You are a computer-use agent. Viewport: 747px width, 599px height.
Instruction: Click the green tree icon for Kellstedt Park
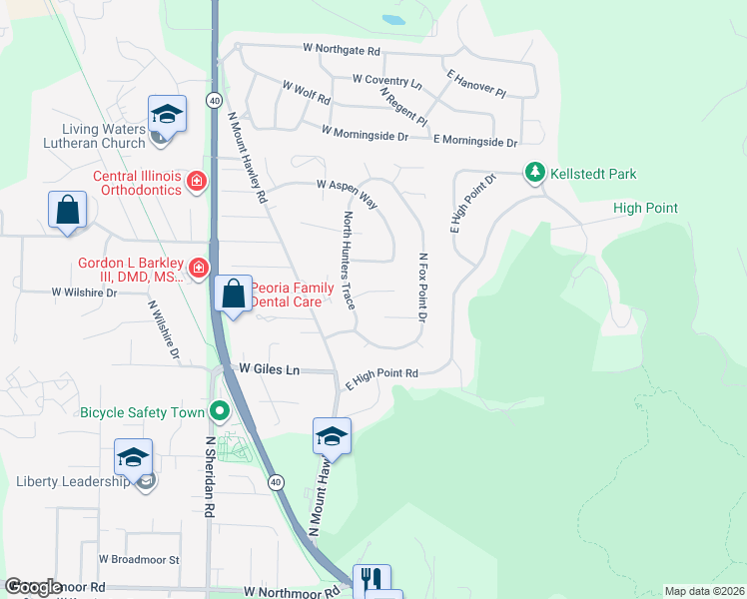pos(536,174)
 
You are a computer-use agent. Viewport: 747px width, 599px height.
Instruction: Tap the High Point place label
pos(645,209)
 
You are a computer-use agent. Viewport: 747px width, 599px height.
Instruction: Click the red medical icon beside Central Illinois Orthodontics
pos(197,181)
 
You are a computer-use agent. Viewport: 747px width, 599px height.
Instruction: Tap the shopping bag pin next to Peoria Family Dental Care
pos(233,295)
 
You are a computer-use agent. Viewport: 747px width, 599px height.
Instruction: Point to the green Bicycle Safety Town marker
pos(220,410)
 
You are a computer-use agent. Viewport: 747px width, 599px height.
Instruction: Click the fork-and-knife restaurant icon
pos(371,580)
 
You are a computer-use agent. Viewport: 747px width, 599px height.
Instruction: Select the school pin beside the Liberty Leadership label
pos(133,457)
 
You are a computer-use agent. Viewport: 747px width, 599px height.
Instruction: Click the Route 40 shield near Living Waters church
pos(214,100)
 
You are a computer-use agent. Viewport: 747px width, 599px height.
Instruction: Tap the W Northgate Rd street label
pos(343,50)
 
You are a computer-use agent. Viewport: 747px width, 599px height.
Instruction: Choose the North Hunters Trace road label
pos(349,259)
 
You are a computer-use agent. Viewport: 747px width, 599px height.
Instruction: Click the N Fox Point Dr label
pos(422,288)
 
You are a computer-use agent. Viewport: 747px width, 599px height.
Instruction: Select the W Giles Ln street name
pos(270,370)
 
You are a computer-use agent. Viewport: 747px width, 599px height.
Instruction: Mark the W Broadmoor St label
pos(139,560)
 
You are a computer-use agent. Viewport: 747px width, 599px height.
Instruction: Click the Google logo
pos(33,587)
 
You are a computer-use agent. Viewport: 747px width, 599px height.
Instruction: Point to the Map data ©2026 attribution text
pos(703,591)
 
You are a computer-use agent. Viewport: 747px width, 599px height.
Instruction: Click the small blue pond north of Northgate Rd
pos(393,19)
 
